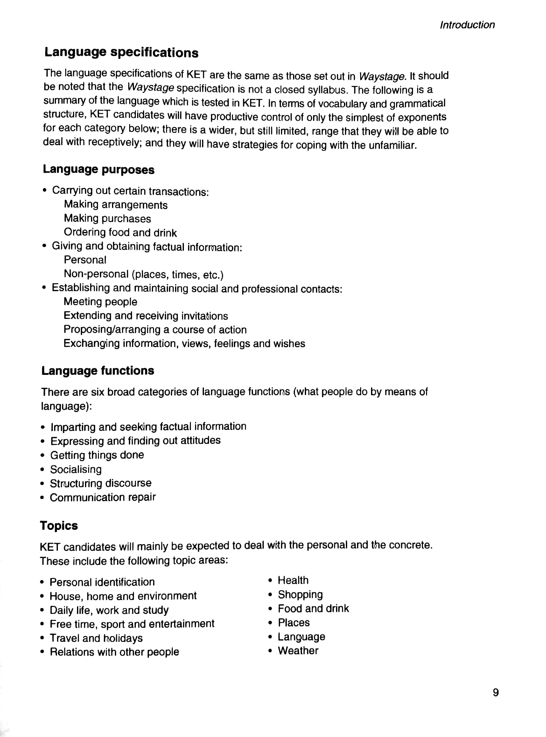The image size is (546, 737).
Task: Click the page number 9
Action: (x=495, y=692)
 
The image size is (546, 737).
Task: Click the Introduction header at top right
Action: (x=467, y=25)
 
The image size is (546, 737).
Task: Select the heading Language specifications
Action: (x=121, y=52)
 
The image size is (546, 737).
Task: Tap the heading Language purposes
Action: (x=99, y=169)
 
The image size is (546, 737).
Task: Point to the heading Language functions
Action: (x=97, y=370)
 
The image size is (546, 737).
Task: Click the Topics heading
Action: (x=59, y=525)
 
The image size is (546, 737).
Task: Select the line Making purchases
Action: (x=107, y=218)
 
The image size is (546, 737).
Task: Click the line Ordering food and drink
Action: (x=120, y=232)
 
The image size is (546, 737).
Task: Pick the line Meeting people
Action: (x=100, y=301)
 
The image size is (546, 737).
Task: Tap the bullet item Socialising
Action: (x=76, y=469)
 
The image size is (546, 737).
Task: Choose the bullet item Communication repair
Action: (x=102, y=497)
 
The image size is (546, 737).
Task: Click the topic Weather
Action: (x=298, y=650)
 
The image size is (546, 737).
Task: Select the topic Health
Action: (x=293, y=580)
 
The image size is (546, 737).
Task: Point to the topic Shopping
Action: (x=300, y=594)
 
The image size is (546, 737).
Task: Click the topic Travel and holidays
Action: (x=96, y=637)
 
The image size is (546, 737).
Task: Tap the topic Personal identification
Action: (x=102, y=582)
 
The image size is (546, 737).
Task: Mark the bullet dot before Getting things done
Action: (x=42, y=455)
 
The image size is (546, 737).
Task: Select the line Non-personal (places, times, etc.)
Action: (x=143, y=274)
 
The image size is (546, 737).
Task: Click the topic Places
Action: (x=293, y=622)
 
